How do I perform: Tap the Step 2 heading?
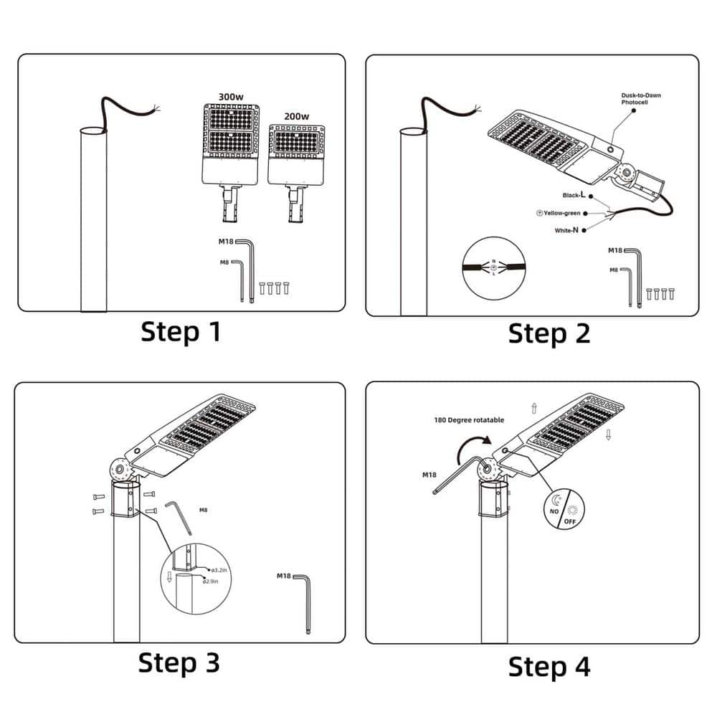tap(549, 333)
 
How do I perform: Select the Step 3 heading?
tap(179, 662)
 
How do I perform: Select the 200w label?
tap(295, 116)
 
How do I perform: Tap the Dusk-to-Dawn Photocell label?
tap(641, 99)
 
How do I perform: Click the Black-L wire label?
tap(573, 195)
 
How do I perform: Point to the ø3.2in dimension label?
tap(219, 570)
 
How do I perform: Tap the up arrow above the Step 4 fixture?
tap(533, 408)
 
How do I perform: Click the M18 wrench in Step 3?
tap(305, 601)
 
